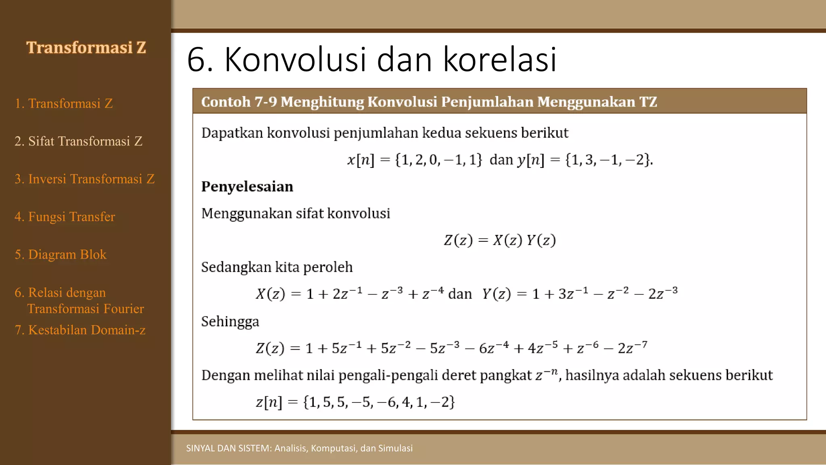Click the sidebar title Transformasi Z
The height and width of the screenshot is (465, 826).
(x=86, y=48)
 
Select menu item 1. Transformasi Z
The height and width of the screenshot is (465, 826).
(x=64, y=104)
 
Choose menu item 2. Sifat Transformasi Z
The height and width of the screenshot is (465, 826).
(x=79, y=141)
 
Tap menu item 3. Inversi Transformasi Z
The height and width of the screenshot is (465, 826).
(x=85, y=179)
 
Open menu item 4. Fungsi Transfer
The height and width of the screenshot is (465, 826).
(x=65, y=217)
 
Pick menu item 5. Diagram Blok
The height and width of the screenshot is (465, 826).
(x=60, y=255)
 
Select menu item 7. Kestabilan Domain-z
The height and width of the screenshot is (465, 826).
(x=80, y=330)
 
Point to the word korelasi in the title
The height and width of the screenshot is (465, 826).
(x=500, y=60)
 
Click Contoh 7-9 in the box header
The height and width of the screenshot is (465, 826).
(x=239, y=102)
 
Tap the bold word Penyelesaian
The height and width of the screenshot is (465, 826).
(x=247, y=186)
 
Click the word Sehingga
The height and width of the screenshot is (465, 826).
(x=230, y=322)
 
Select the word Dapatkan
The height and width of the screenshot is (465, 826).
(x=232, y=133)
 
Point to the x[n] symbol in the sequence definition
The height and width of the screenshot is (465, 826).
(x=361, y=160)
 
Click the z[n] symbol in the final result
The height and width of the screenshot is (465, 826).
(x=269, y=402)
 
